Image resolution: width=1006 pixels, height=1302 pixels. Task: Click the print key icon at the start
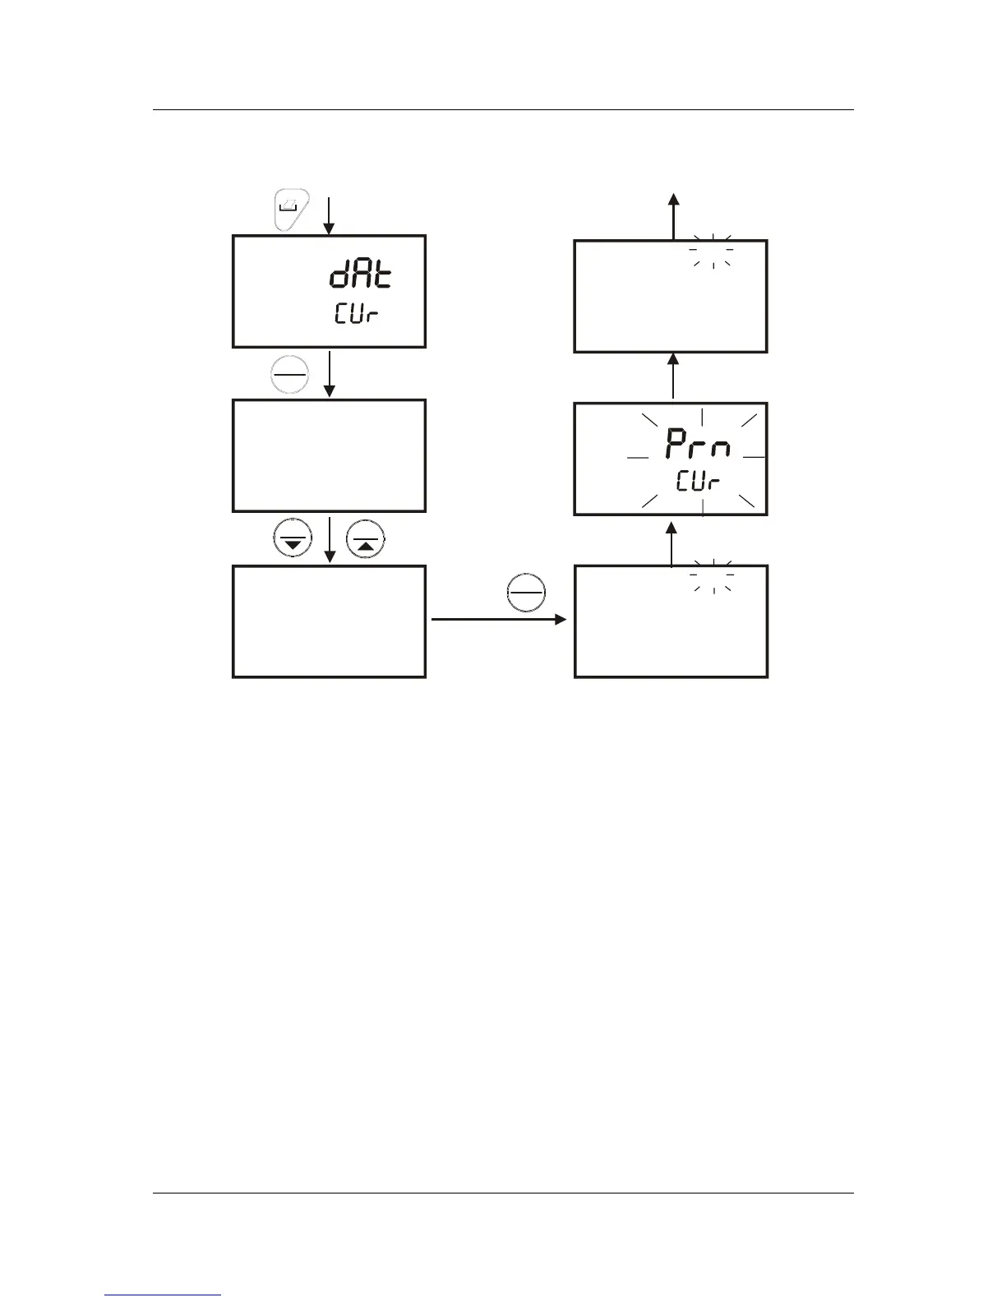291,210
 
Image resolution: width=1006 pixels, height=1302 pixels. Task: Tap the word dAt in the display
361,275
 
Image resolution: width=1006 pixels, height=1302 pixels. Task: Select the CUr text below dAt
357,314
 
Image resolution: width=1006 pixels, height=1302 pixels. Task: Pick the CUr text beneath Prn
698,481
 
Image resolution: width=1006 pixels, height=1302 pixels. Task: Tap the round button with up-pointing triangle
366,540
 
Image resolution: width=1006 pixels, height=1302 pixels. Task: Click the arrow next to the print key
328,215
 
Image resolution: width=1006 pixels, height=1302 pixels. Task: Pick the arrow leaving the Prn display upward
673,377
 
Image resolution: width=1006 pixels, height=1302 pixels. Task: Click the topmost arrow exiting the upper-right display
673,215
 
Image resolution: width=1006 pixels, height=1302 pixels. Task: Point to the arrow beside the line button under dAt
329,375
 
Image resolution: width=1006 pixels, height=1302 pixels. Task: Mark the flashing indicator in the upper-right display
712,250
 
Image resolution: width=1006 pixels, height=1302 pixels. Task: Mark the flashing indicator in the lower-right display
712,575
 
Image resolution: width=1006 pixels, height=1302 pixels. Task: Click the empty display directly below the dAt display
329,455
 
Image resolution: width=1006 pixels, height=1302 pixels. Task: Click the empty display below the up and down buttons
329,621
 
